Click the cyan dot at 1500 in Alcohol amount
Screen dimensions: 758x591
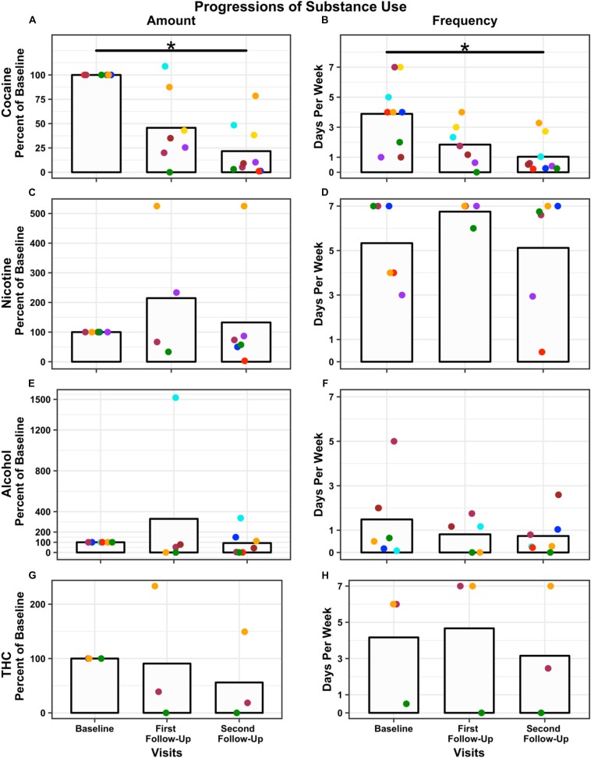(x=175, y=398)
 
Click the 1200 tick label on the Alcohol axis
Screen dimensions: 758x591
(x=31, y=429)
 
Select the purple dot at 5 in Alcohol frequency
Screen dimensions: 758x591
(x=394, y=441)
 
